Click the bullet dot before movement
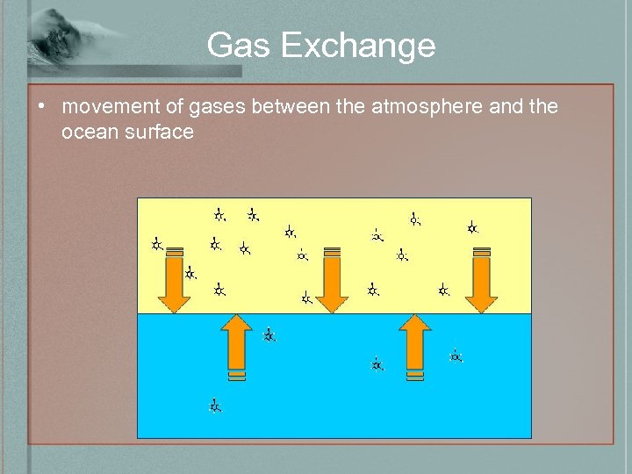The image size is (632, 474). tap(41, 107)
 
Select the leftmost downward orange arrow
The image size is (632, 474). tap(175, 281)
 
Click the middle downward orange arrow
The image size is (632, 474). tap(332, 281)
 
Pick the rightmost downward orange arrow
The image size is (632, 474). tap(481, 281)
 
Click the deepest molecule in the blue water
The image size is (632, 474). tap(215, 406)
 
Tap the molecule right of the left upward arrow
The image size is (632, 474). tap(269, 334)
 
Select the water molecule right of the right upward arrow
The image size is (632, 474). tap(456, 355)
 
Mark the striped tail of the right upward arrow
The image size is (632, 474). tap(415, 375)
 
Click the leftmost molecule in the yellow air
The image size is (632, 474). tap(156, 244)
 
